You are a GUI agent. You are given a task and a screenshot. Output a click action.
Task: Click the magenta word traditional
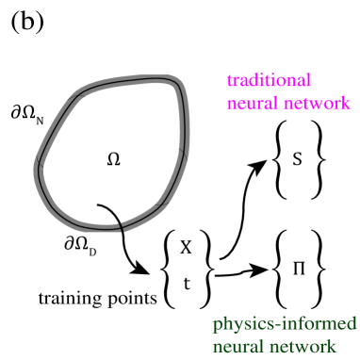(x=269, y=81)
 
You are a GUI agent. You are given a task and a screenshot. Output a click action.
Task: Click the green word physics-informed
(x=284, y=325)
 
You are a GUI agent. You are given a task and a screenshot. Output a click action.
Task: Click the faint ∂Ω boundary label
(x=80, y=245)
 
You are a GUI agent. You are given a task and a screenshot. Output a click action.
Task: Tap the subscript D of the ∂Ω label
(x=92, y=251)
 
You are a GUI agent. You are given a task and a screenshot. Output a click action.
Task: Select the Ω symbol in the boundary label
(x=83, y=244)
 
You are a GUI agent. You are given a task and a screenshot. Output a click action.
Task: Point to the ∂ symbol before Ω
(x=70, y=244)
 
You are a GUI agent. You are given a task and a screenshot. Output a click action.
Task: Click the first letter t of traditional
(x=230, y=82)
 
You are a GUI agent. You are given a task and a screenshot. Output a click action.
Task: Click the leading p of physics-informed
(x=218, y=327)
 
